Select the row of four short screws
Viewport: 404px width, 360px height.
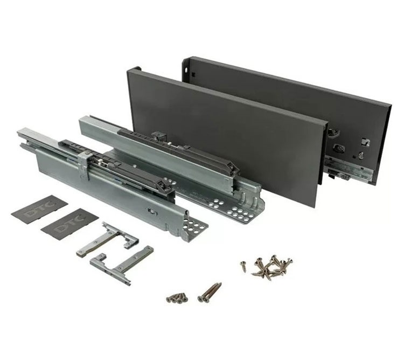[177, 297]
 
